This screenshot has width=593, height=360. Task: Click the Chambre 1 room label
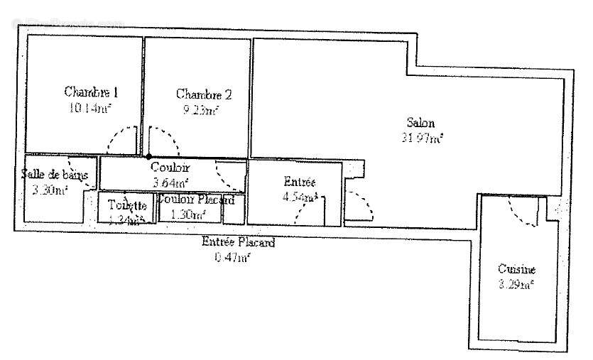pos(91,92)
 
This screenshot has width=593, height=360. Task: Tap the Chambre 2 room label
pos(203,94)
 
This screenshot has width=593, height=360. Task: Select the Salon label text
pos(420,122)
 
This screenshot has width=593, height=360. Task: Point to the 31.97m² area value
pos(422,138)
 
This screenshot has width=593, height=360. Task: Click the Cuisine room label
pos(516,270)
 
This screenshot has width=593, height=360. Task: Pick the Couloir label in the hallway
pos(170,168)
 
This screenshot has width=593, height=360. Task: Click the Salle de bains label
pos(54,175)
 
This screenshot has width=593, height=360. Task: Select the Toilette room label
pos(127,205)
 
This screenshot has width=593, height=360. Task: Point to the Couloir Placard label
pos(195,200)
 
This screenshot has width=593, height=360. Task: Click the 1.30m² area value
pos(188,214)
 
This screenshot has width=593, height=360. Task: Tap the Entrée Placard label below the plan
pos(238,242)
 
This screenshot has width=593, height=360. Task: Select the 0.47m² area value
pos(232,257)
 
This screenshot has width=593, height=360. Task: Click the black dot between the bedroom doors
pos(148,156)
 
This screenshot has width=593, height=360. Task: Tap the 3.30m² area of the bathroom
pos(50,190)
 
